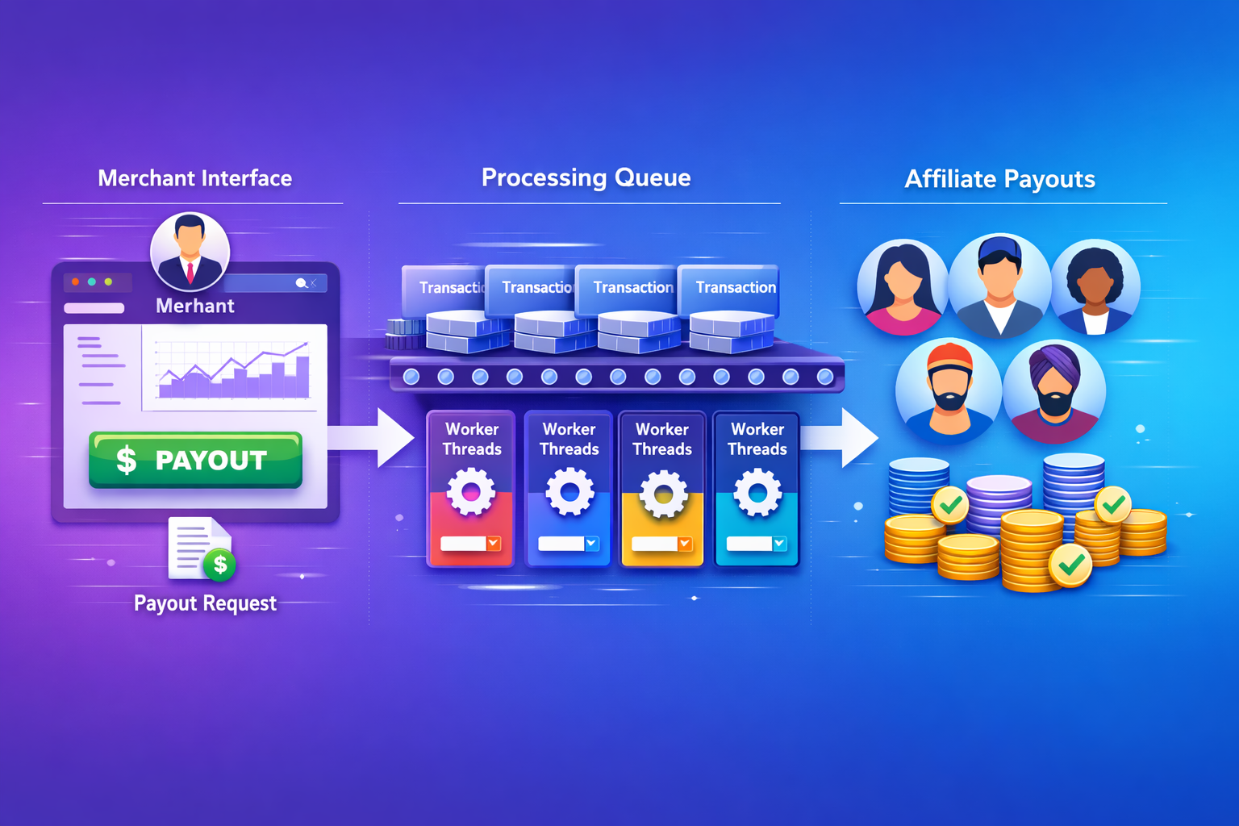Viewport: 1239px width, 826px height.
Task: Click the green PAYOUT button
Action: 195,460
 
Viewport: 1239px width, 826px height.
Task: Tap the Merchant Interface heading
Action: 194,178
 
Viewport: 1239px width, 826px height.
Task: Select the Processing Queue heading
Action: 586,177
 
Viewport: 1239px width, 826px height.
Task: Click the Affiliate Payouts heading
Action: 999,179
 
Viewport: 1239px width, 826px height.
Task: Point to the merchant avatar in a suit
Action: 190,251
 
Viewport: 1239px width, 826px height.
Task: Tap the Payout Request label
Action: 205,603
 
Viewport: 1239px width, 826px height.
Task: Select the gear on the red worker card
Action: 471,491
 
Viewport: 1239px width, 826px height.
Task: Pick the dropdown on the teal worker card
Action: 779,544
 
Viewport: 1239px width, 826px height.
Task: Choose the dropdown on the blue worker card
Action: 591,544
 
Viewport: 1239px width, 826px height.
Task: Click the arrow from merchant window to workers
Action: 379,438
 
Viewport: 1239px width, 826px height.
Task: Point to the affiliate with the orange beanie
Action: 949,390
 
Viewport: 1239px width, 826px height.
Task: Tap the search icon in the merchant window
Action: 301,283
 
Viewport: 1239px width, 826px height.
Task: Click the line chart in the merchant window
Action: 234,369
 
